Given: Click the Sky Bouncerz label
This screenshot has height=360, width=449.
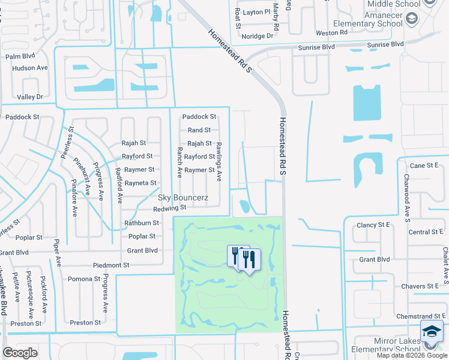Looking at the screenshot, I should (x=182, y=197).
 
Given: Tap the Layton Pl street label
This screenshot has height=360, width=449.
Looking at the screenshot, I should (x=257, y=11).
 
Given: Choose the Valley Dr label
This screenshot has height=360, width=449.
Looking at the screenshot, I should (x=31, y=97).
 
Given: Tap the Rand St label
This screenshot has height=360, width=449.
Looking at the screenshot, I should (x=199, y=130).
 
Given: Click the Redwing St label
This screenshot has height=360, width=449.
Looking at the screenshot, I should (x=170, y=208).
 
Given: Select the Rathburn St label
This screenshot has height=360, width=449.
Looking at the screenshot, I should (x=142, y=223).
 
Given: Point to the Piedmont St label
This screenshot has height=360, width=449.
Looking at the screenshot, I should (x=111, y=265).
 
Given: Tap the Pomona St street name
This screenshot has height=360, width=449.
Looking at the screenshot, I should (x=84, y=279).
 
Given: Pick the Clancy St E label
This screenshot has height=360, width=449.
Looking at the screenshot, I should (x=375, y=224).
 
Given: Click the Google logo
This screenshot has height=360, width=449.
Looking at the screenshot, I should (x=20, y=353).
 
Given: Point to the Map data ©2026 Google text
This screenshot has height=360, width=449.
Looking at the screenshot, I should (x=412, y=355).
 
